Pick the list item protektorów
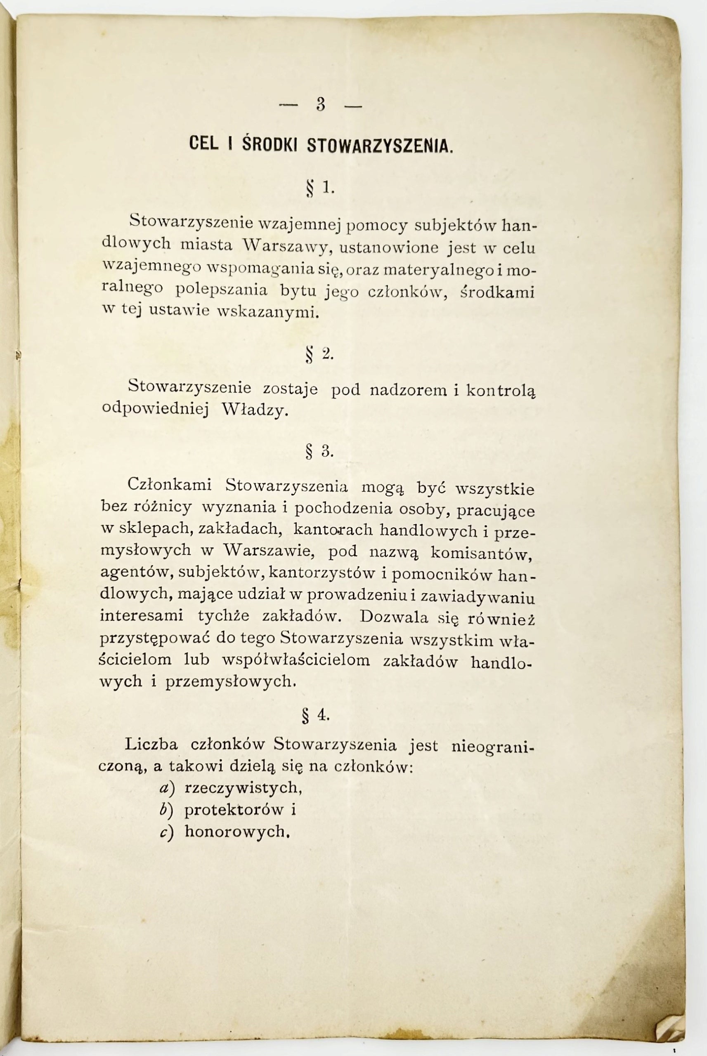pyautogui.click(x=234, y=810)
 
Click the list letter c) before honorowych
pyautogui.click(x=166, y=832)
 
